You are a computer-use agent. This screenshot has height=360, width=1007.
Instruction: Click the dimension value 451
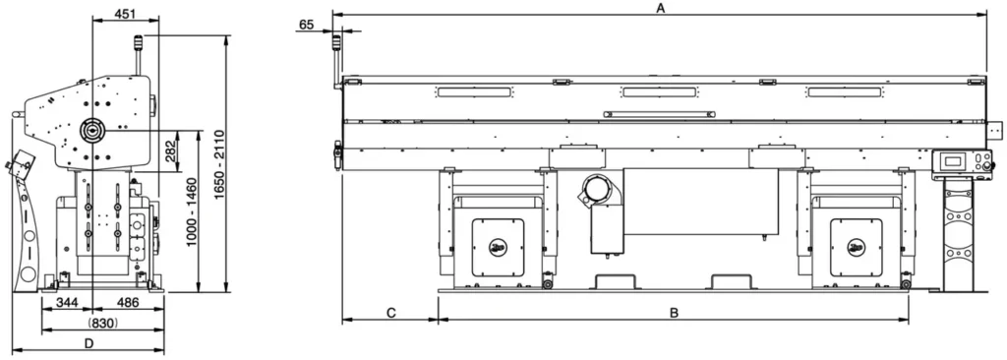126,13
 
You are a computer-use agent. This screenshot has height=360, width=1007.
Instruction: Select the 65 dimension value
307,25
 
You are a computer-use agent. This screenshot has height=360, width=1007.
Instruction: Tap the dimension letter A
659,7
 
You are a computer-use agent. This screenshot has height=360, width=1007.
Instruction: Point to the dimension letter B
674,313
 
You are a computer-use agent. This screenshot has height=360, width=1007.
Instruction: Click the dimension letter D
89,343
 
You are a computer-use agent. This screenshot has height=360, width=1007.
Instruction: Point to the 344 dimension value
67,302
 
